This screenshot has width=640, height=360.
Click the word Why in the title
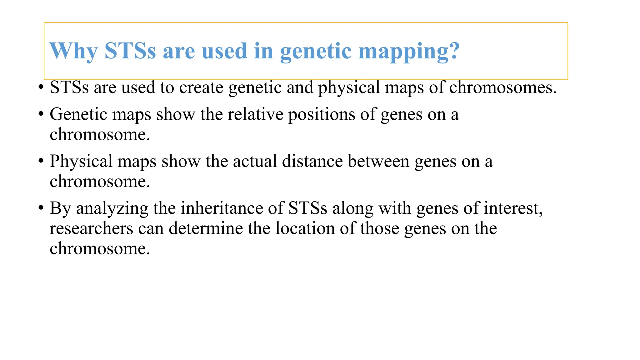[x=73, y=51]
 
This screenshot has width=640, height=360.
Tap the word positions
[x=321, y=115]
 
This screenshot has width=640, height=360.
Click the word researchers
[x=91, y=228]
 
